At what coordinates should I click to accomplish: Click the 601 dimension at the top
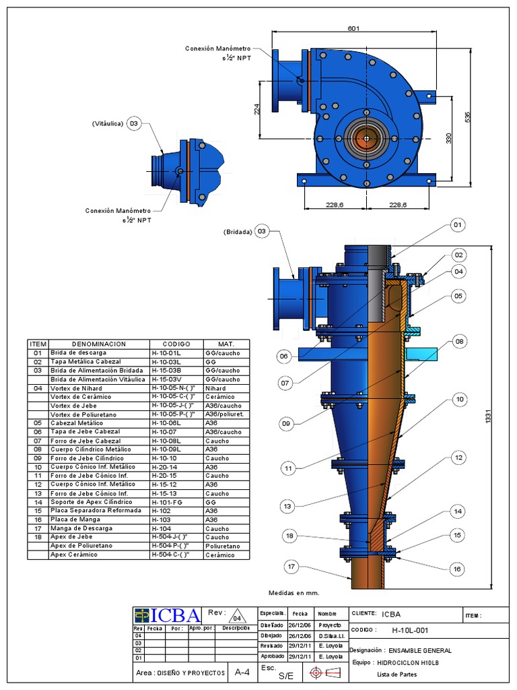[354, 28]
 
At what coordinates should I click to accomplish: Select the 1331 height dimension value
[488, 418]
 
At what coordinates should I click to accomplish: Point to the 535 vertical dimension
[467, 116]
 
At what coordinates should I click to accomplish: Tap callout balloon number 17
[291, 567]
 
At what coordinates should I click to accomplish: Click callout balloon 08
[459, 342]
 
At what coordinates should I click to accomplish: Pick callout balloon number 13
[287, 506]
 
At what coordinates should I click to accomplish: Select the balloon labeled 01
[458, 225]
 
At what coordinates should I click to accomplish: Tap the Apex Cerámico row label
[74, 555]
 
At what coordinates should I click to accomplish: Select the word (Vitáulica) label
[108, 124]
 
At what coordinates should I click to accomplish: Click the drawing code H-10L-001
[409, 631]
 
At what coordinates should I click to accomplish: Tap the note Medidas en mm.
[294, 593]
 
